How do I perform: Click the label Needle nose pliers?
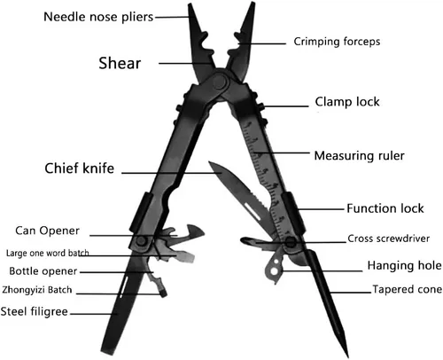tap(98, 17)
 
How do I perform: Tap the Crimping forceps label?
tap(337, 42)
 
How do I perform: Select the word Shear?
tap(120, 63)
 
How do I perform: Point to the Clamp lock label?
tap(347, 102)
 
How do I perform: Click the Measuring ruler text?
tap(360, 156)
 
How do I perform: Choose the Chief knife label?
tap(80, 168)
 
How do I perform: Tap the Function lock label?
tap(385, 208)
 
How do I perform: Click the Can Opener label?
tap(47, 231)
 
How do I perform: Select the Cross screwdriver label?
tap(388, 239)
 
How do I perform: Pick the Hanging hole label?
tap(405, 265)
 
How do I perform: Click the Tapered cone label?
tap(408, 289)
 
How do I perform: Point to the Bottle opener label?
tap(43, 271)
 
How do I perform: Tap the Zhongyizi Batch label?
tap(37, 290)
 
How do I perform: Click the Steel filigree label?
tap(35, 311)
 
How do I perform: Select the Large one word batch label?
tap(47, 254)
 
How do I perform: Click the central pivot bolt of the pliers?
tap(220, 82)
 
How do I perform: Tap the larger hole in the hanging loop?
tap(274, 270)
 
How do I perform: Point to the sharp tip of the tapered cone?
tap(347, 357)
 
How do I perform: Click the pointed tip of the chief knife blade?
tap(209, 162)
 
